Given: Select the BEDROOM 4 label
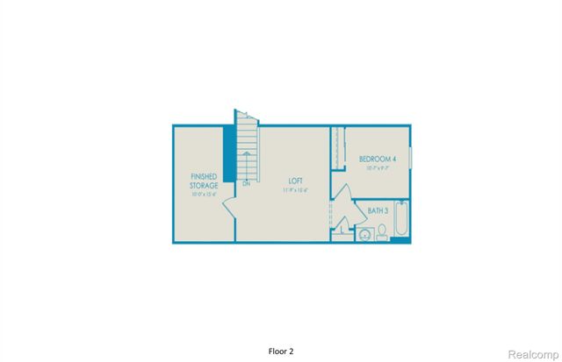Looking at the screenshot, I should tap(378, 159).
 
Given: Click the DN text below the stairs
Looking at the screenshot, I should tap(246, 184).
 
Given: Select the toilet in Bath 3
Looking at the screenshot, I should tap(382, 233).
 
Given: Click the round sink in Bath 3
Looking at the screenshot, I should tap(364, 234).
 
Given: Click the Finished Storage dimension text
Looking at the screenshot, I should tap(204, 194).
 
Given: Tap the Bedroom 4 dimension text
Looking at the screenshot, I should tap(378, 167).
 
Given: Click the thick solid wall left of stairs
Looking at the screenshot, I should tap(228, 154).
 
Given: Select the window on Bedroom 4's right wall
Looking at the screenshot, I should tap(412, 161).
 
